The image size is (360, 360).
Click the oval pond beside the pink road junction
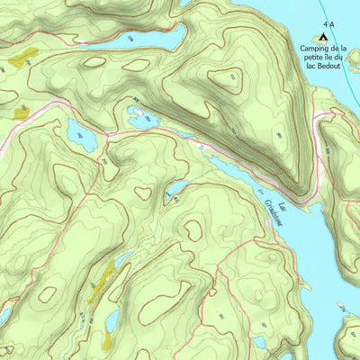[80, 135]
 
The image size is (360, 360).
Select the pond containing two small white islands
[142, 115]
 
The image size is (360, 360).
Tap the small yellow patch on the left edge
[20, 112]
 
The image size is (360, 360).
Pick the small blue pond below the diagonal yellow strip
[112, 319]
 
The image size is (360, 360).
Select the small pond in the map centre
[175, 189]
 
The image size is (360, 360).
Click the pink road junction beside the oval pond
[105, 135]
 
